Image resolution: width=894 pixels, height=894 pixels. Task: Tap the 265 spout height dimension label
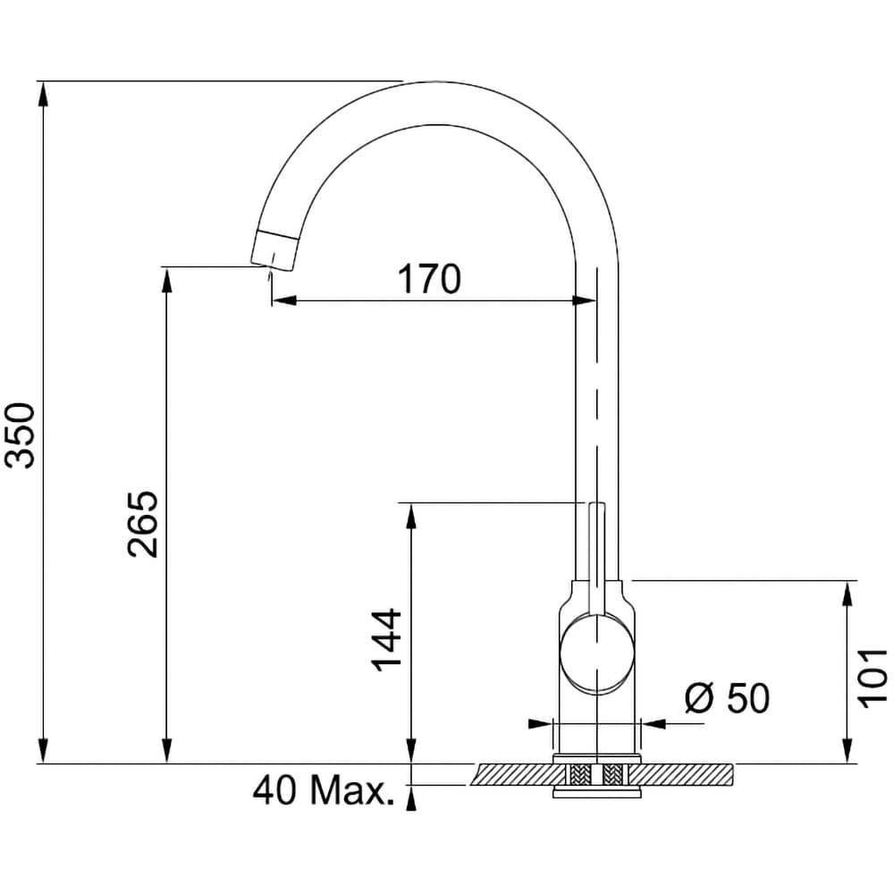[x=142, y=523]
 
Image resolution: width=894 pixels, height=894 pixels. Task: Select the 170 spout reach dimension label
[x=429, y=279]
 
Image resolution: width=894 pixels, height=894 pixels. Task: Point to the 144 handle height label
[x=386, y=640]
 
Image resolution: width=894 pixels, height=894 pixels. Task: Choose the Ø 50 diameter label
[x=727, y=697]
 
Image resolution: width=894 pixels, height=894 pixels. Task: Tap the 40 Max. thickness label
[x=324, y=789]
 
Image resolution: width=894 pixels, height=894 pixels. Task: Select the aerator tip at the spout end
[x=274, y=250]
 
